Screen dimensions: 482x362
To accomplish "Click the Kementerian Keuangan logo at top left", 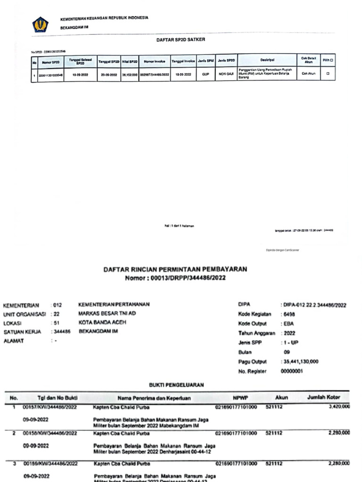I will [x=40, y=24].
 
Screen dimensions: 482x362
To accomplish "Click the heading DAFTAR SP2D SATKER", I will [x=181, y=40].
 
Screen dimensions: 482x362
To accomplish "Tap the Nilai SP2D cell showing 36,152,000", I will [x=129, y=74].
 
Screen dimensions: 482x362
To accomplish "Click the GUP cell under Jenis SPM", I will [x=206, y=74].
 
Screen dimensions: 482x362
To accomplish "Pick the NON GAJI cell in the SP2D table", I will [x=226, y=74].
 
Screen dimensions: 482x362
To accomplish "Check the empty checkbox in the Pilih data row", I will [x=328, y=74].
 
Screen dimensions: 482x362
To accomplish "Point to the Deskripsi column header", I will [x=267, y=60].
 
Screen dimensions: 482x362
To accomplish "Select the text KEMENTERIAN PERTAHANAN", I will [x=114, y=305].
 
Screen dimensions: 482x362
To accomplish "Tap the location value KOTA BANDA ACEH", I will [x=102, y=322].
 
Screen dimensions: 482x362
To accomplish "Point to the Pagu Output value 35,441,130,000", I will [x=301, y=361].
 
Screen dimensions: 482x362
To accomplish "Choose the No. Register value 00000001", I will [x=293, y=371].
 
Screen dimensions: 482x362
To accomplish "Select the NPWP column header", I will [x=240, y=398].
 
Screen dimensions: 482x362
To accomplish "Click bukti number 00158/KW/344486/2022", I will [x=50, y=433].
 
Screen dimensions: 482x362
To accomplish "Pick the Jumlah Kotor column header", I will [x=323, y=398].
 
